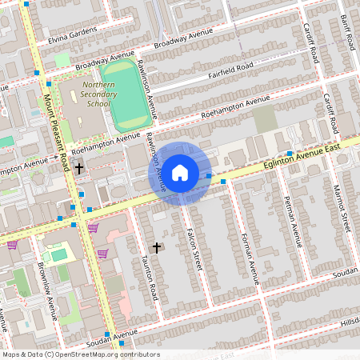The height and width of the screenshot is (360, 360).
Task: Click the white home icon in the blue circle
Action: (180, 171)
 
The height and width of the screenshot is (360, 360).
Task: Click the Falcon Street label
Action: (193, 248)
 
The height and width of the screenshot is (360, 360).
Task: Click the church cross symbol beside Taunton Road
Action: (156, 248)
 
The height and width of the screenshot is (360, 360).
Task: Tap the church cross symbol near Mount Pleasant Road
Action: (79, 168)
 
